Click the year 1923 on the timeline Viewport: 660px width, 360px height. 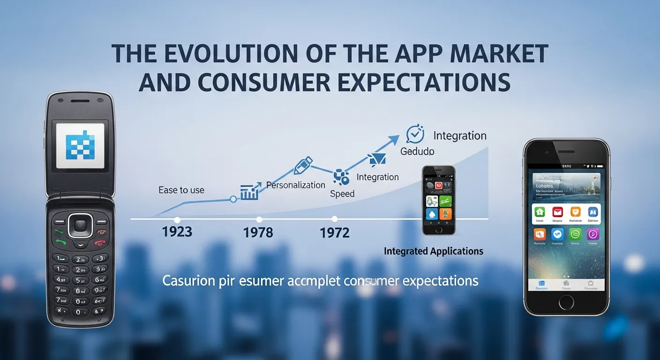(177, 232)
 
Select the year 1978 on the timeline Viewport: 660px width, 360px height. (258, 232)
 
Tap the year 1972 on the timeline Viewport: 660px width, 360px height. (335, 232)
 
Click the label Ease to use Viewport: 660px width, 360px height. (181, 190)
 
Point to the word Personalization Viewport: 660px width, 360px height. (296, 185)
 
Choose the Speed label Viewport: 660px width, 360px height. (342, 194)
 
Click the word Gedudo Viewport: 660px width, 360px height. (417, 151)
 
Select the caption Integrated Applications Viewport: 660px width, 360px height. (434, 251)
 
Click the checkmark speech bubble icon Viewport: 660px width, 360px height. (415, 134)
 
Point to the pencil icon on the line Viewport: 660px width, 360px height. (302, 166)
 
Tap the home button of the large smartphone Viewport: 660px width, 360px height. (566, 302)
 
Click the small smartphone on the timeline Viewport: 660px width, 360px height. (438, 200)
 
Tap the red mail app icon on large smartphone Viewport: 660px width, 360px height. (557, 212)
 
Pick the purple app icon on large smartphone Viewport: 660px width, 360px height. (592, 234)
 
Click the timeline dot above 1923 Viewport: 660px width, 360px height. (177, 219)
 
